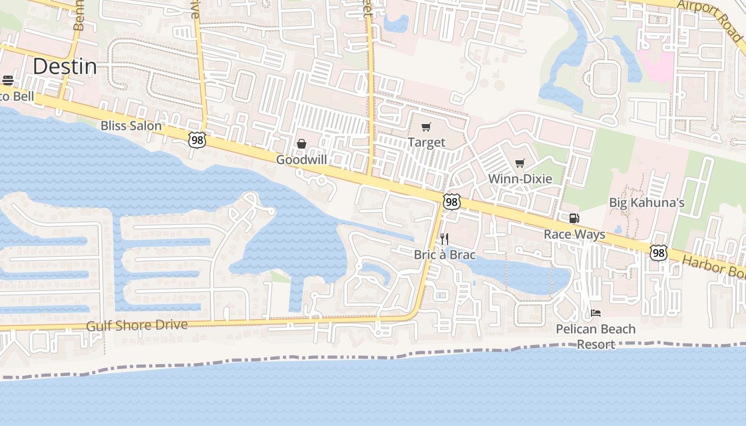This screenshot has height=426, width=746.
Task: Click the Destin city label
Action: point(65,67)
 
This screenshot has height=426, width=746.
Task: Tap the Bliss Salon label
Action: point(131,126)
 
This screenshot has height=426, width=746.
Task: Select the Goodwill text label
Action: point(301,159)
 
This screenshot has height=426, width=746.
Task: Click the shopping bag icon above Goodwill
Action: point(302,144)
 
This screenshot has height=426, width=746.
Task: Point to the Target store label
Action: point(426,142)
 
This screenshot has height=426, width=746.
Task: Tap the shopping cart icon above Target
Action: point(426,127)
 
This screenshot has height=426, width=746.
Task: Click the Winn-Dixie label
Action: point(520,178)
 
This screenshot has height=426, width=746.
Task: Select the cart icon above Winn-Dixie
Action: point(520,163)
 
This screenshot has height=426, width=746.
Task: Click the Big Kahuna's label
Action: point(647,202)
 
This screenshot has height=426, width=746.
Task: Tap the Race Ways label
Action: point(574,234)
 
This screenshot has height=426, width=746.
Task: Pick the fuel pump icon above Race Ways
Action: point(574,218)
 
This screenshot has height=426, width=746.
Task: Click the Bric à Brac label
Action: point(444,255)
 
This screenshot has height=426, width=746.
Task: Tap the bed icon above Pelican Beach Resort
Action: point(596,313)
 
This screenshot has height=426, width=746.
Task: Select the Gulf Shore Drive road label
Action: point(137,325)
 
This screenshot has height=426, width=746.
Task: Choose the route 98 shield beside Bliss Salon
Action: point(197,140)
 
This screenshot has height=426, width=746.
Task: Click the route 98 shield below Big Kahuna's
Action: point(659,252)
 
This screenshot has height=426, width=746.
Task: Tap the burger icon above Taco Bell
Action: point(8,80)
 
